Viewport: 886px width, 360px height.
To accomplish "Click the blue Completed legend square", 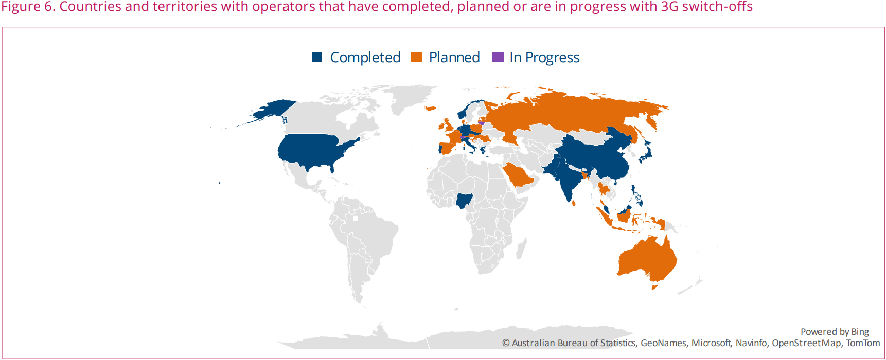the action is click(x=317, y=57).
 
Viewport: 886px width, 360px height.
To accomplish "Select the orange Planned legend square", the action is click(x=417, y=57).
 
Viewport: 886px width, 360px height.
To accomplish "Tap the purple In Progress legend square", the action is click(x=498, y=57).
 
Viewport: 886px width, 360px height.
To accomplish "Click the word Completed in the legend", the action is click(x=365, y=58).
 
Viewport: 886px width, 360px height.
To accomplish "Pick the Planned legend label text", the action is click(x=454, y=58).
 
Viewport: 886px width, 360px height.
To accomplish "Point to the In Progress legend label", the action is click(x=544, y=58).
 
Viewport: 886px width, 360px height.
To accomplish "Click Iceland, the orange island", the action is click(x=430, y=109).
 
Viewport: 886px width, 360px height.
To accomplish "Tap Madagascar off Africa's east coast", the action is click(x=521, y=248).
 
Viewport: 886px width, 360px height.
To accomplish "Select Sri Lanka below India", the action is click(x=574, y=203).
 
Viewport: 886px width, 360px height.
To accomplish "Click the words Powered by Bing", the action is click(x=835, y=332).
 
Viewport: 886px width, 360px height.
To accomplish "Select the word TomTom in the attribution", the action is click(x=863, y=343).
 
